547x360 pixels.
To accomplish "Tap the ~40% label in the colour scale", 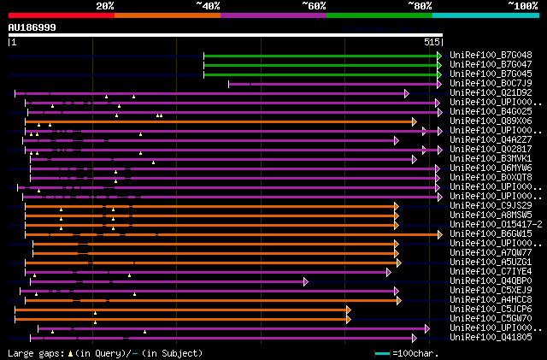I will click(x=208, y=6).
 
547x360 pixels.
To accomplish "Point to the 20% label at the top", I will click(x=105, y=6).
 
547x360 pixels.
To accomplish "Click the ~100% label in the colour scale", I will click(x=523, y=6).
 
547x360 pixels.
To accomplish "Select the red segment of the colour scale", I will click(x=61, y=15).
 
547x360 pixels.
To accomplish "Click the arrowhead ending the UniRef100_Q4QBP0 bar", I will click(x=306, y=280).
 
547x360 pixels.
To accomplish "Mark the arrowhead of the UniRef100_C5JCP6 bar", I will click(x=348, y=309).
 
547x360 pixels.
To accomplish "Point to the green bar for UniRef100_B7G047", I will click(x=321, y=65).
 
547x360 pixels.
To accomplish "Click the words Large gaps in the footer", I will click(x=35, y=352).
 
